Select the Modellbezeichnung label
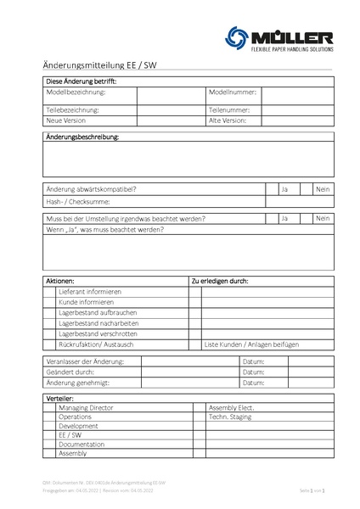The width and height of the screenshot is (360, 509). (76, 91)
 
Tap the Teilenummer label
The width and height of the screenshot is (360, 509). (228, 110)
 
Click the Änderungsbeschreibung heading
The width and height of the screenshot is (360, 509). (82, 137)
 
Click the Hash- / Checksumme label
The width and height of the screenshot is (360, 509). (76, 202)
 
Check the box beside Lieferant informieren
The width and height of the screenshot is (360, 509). (50, 291)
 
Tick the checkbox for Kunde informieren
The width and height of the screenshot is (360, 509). (50, 302)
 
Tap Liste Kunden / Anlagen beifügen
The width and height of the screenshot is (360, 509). (251, 345)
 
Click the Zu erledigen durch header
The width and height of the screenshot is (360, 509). (220, 280)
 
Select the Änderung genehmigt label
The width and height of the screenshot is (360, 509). (79, 383)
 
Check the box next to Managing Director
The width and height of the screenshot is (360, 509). (50, 408)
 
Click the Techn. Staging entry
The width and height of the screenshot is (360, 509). (231, 418)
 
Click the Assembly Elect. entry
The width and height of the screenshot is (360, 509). (233, 408)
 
